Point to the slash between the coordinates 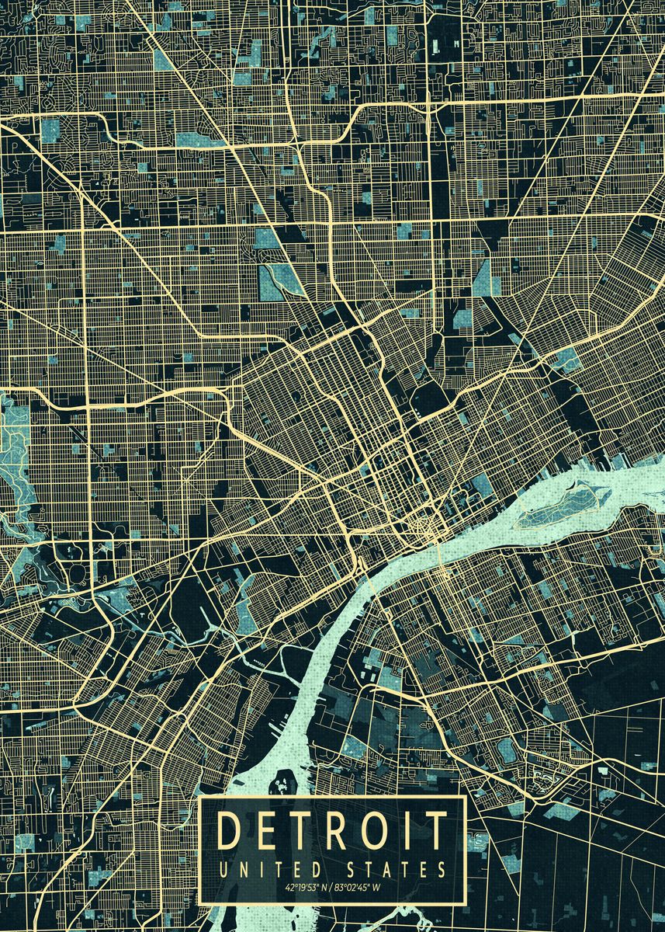[x=331, y=886]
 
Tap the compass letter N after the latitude [x=324, y=886]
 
